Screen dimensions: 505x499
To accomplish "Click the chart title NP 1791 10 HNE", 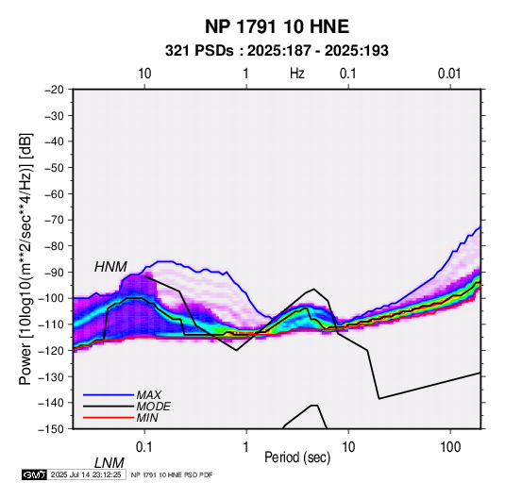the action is (277, 26).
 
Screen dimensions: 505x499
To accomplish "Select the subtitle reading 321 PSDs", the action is (199, 51).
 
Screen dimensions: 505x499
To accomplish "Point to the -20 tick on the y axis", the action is (54, 90).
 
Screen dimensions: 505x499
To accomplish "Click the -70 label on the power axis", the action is (54, 220).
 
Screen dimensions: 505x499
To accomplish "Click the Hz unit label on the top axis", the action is (297, 74).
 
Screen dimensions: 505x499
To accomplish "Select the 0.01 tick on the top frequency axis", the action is (449, 74).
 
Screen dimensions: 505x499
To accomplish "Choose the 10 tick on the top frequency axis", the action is (144, 74).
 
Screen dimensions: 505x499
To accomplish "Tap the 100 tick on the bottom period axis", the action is (450, 447).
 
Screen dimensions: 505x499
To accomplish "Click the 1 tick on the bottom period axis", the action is (246, 447).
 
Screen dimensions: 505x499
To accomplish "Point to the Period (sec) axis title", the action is (297, 457).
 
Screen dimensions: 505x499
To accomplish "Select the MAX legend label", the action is (149, 395).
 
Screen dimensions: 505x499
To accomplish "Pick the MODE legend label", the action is (153, 407).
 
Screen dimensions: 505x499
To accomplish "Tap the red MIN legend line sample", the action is (109, 418).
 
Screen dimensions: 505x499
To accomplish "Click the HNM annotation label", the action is (110, 267).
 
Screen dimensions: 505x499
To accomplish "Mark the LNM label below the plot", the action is (109, 463).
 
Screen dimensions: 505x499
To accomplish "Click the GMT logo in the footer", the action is (35, 474).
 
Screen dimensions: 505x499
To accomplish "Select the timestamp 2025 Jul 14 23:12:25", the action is (86, 474).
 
